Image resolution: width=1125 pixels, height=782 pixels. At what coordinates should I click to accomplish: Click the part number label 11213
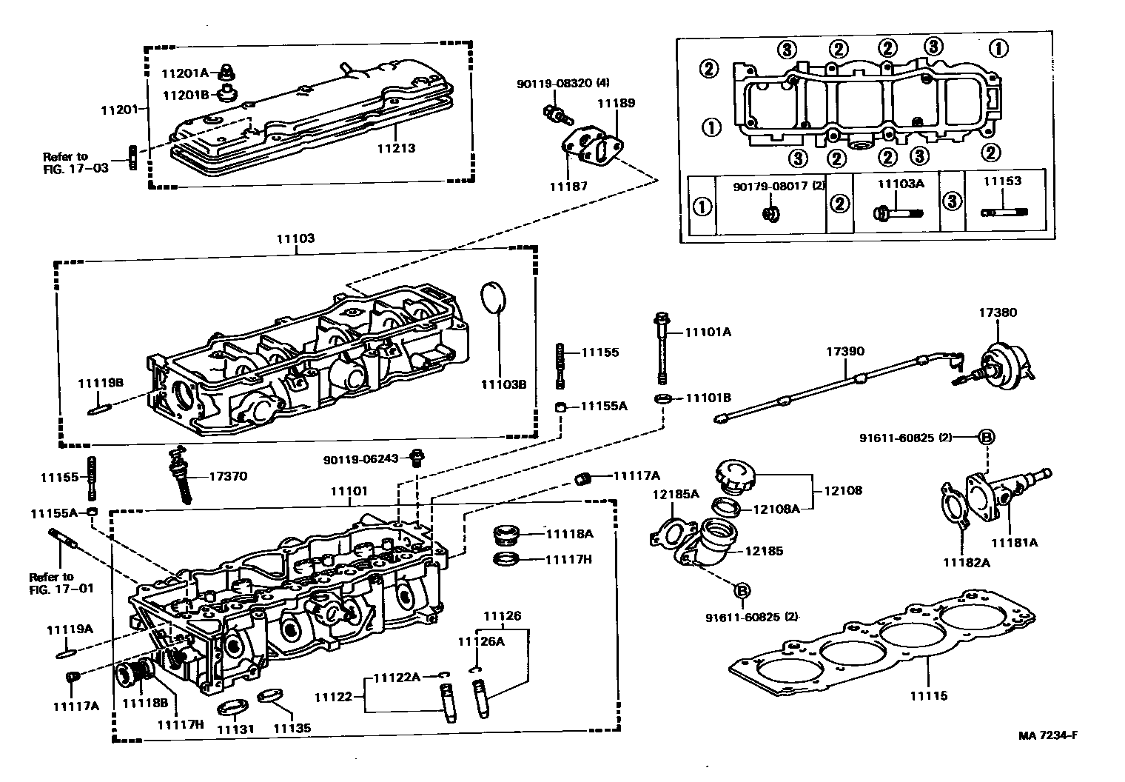[x=395, y=148]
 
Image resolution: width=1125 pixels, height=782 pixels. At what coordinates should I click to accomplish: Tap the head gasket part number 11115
[x=928, y=695]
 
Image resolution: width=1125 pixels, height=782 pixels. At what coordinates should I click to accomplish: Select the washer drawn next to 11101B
[x=663, y=400]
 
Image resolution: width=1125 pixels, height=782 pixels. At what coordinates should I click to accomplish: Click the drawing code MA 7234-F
[x=1047, y=735]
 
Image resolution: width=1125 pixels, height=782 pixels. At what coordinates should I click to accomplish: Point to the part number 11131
[x=235, y=729]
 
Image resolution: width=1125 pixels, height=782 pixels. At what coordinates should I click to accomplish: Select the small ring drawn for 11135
[x=270, y=696]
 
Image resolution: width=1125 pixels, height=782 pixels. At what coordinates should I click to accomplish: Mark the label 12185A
[x=675, y=494]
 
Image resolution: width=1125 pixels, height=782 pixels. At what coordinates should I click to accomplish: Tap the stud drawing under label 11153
[x=1002, y=213]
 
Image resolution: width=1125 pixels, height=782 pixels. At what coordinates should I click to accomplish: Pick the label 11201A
[x=187, y=73]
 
